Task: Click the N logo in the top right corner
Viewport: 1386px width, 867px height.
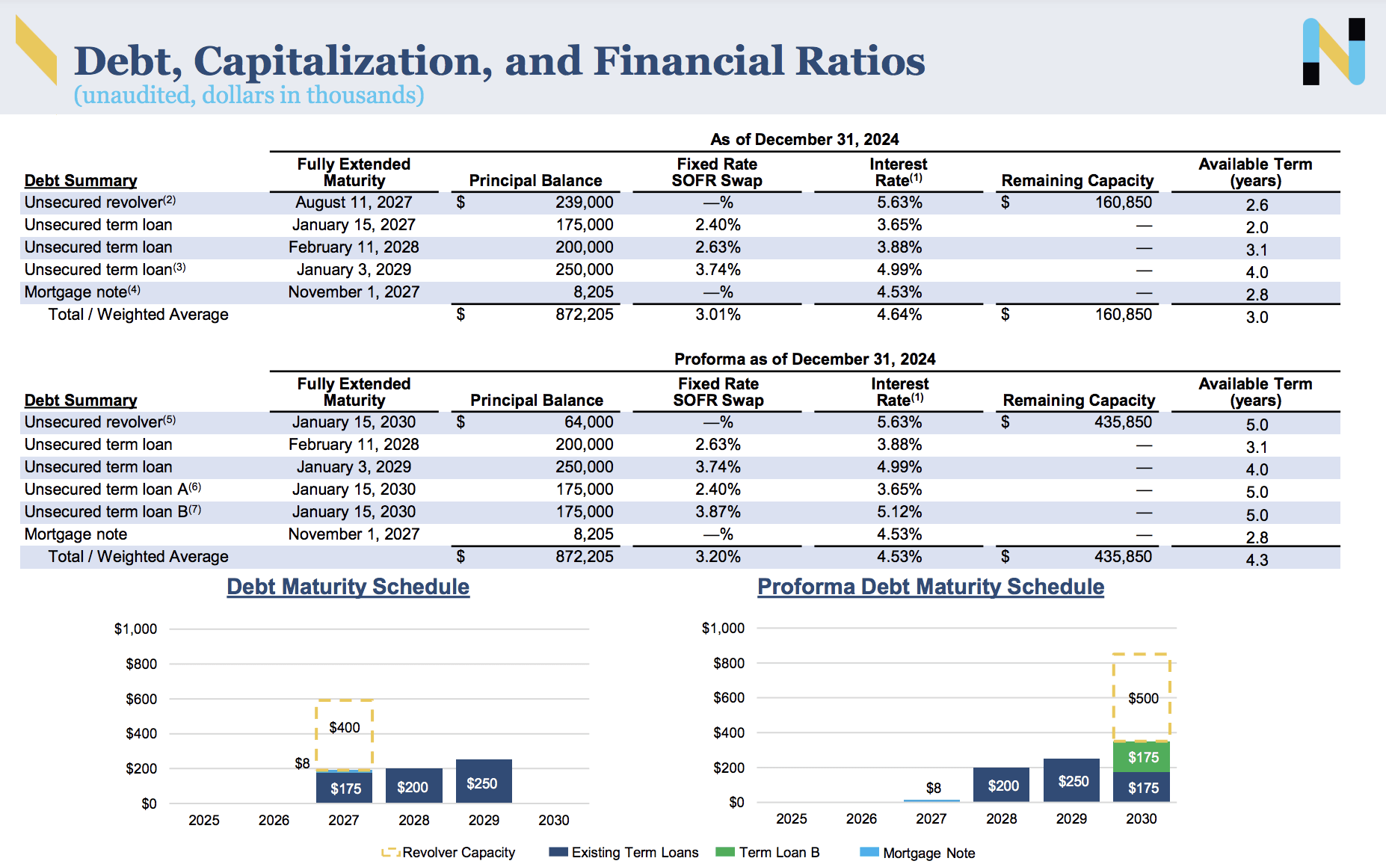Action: pos(1334,52)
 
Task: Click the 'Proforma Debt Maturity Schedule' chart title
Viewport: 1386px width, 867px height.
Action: pos(931,587)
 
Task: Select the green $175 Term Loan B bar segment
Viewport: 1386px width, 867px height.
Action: pos(1142,757)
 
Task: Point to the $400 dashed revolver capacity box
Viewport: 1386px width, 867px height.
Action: pos(345,727)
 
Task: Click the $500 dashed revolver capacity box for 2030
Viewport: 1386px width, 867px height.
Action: pos(1142,698)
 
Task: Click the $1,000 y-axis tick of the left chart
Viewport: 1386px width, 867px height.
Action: pos(135,629)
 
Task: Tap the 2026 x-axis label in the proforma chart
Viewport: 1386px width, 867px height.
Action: pos(861,818)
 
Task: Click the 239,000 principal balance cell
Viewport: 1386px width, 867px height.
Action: pos(584,203)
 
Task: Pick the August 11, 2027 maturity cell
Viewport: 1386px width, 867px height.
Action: pos(354,203)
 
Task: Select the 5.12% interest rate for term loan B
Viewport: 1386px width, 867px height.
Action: pos(899,512)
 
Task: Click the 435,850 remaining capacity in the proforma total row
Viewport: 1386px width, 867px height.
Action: pos(1123,557)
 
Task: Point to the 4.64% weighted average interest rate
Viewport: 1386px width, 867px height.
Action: pos(899,315)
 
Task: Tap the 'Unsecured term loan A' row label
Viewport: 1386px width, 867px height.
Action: pos(112,490)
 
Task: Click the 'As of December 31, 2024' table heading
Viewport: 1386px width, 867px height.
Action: pos(804,139)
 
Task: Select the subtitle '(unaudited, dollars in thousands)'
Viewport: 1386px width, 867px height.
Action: pos(248,95)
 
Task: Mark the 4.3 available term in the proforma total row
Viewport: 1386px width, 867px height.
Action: pos(1257,560)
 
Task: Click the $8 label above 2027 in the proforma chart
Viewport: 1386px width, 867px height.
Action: pos(933,788)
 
